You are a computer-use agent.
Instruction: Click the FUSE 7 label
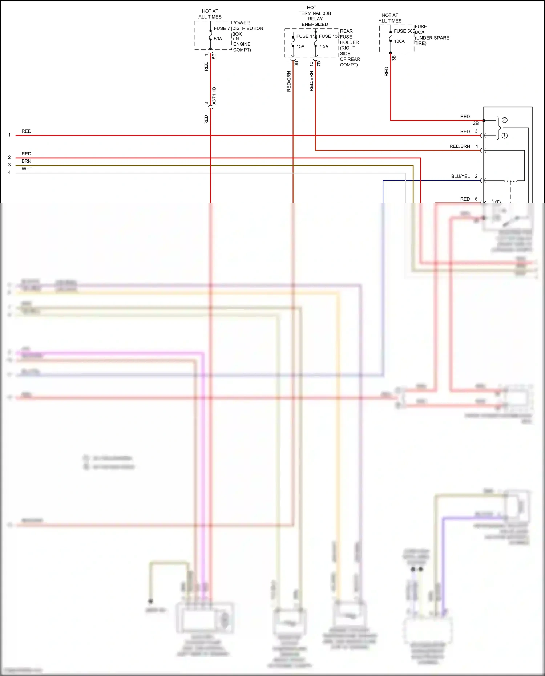222,28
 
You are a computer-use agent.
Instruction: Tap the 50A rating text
218,39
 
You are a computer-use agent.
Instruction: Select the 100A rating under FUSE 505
399,41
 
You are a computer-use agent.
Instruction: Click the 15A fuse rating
300,46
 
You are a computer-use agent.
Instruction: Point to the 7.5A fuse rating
324,46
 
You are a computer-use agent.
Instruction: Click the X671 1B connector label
214,96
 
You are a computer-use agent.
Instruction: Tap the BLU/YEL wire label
460,176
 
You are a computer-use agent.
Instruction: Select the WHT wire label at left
27,169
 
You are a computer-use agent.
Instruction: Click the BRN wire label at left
26,161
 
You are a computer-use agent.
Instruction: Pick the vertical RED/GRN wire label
289,81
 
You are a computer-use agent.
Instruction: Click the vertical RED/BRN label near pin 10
311,81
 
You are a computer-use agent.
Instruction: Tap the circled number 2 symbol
504,120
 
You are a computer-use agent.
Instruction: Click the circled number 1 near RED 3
504,135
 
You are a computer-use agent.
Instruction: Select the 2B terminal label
476,124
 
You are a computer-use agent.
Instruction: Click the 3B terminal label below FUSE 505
394,58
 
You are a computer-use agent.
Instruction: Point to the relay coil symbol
510,181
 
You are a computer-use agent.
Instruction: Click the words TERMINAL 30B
315,13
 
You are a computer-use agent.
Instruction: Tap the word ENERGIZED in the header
315,24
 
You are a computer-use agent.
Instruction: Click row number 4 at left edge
9,173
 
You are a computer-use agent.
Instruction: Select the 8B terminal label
296,64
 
